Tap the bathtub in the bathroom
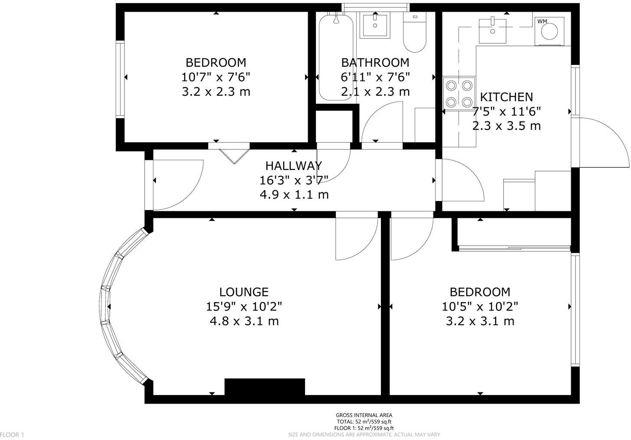(x=336, y=56)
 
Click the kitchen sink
(x=492, y=30)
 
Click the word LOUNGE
(x=244, y=292)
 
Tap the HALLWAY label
(x=293, y=165)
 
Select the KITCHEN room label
(x=507, y=97)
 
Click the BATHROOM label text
(x=375, y=62)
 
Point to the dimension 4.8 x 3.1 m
(x=244, y=321)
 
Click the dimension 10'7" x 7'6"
(x=216, y=77)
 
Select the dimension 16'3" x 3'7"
(x=294, y=180)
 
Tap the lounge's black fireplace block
(x=264, y=387)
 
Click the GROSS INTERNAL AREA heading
(x=364, y=415)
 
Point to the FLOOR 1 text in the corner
(x=12, y=434)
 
